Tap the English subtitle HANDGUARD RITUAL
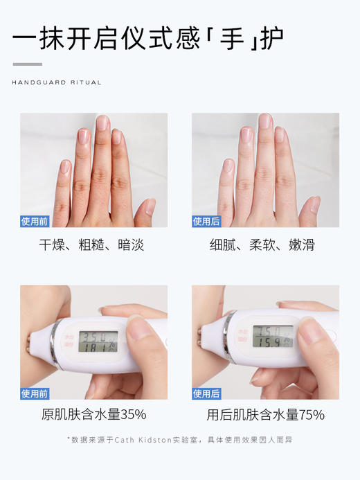point(57,82)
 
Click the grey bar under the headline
point(28,64)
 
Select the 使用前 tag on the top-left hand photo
point(35,222)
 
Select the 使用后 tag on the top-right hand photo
point(206,222)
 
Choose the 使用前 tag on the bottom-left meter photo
point(35,394)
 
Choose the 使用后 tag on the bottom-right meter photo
point(206,394)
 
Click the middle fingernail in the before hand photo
point(102,123)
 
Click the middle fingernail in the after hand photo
point(264,121)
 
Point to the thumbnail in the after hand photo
point(315,204)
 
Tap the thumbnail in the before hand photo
point(150,206)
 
